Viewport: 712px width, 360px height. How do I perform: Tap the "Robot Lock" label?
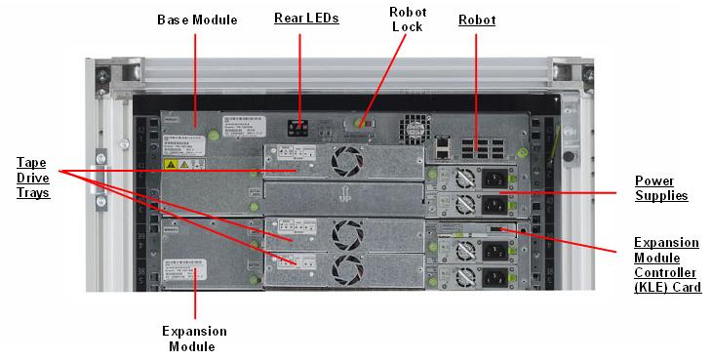405,19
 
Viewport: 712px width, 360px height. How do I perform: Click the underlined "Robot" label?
477,20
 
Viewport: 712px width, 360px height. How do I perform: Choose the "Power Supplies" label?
660,188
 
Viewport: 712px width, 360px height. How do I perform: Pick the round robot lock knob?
360,124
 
